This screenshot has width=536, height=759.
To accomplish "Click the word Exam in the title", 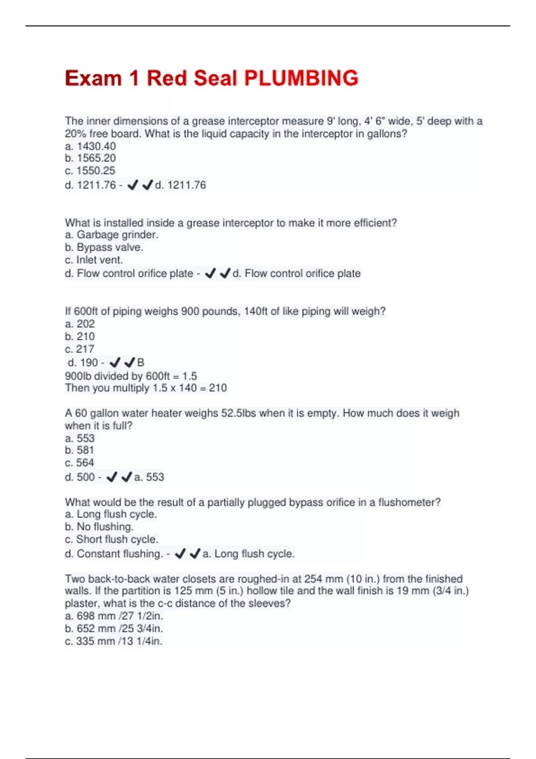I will click(93, 78).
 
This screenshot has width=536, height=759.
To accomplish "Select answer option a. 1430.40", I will click(90, 146).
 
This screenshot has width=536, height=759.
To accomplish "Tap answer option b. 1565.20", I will click(90, 158).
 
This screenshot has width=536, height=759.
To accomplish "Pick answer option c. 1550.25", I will click(90, 171).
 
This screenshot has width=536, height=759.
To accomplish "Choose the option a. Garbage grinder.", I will click(112, 235).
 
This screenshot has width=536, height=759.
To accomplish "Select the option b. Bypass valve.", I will click(104, 247).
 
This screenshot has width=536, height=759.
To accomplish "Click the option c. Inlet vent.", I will click(94, 260).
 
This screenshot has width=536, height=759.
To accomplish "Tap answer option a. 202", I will click(80, 324).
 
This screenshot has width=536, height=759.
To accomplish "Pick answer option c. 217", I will click(80, 349).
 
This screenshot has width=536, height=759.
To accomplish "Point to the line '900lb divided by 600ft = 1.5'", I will click(131, 376).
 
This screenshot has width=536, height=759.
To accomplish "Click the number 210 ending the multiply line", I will click(218, 388).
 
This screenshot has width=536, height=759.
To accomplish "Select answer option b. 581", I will click(80, 450).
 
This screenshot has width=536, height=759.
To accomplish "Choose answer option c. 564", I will click(80, 463).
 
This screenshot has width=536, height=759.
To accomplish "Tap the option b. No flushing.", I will click(99, 527).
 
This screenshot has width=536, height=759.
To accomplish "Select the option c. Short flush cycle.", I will click(112, 539).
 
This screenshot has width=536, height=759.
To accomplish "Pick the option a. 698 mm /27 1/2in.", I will click(114, 616).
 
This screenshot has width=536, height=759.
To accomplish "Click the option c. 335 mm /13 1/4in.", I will click(113, 641).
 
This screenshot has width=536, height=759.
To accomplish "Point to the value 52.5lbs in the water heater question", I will click(239, 413).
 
